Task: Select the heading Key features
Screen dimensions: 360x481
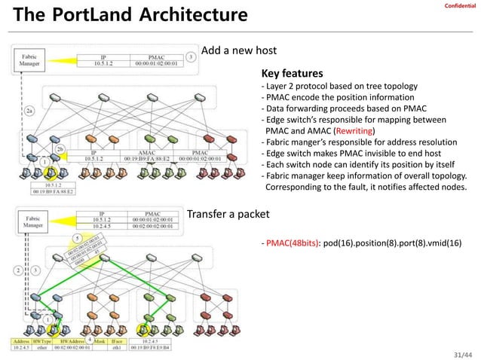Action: click(292, 75)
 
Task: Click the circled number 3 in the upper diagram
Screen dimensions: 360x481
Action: click(191, 56)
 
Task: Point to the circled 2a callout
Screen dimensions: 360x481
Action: click(29, 111)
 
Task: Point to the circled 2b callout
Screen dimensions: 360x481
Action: click(60, 149)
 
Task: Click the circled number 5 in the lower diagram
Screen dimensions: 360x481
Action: click(76, 238)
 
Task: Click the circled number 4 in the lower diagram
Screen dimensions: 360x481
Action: click(89, 340)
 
